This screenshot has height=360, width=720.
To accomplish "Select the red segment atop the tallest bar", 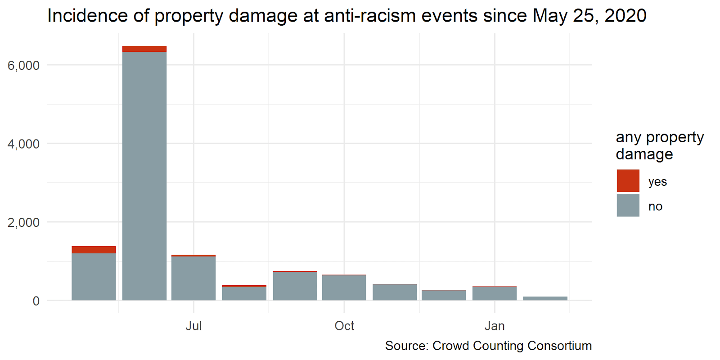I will (144, 49).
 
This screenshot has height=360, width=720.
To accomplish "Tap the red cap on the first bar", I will (94, 250).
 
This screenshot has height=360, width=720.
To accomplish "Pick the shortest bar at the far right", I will (545, 298).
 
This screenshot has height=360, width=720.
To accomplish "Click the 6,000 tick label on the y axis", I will (23, 66).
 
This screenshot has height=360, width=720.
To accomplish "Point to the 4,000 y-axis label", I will (23, 144).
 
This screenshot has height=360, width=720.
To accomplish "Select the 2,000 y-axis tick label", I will (23, 222).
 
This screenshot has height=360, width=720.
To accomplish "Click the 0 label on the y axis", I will (36, 301).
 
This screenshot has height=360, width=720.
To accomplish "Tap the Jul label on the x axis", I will (193, 326).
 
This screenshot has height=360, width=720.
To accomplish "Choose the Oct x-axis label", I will (344, 326).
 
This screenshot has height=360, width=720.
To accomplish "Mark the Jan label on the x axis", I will (495, 326).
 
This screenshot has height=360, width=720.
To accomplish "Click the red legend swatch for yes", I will (628, 181).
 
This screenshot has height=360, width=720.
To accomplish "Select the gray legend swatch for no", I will (628, 206).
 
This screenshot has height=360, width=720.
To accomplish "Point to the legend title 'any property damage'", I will (659, 145).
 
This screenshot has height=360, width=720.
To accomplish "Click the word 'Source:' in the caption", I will (407, 346).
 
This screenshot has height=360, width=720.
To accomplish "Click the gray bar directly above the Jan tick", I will (495, 293).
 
